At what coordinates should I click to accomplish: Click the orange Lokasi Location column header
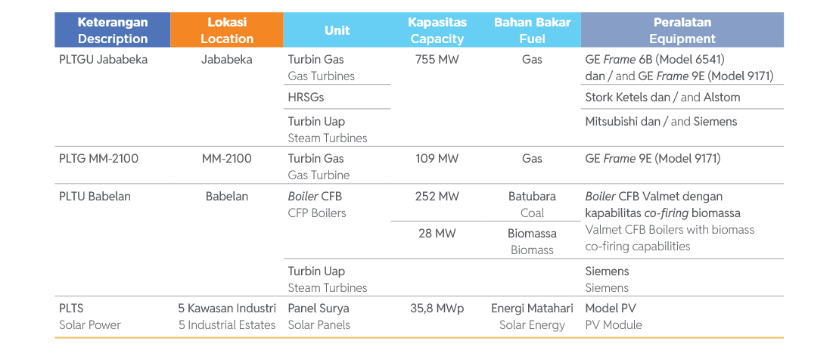(226, 30)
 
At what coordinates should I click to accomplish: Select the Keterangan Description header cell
(113, 30)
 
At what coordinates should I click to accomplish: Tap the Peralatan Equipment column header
(682, 30)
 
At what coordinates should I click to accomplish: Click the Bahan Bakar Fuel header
(532, 30)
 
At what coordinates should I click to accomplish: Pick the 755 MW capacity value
(437, 60)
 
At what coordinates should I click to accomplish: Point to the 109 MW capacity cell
(437, 159)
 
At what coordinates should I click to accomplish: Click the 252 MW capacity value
(437, 197)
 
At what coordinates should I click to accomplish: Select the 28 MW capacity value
(437, 234)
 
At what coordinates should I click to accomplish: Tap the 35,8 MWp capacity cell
(437, 309)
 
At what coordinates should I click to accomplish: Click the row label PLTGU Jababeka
(103, 60)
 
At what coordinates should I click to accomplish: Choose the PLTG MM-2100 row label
(98, 159)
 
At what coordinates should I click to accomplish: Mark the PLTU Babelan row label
(95, 197)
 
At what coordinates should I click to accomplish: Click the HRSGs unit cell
(306, 98)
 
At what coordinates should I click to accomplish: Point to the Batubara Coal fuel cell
(532, 204)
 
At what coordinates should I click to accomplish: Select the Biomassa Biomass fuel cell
(532, 241)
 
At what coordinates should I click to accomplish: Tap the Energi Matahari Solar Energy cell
(532, 316)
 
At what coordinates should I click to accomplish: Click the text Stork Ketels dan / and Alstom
(662, 98)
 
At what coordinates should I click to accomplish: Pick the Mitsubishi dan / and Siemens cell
(660, 122)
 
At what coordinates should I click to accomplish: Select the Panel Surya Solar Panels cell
(319, 316)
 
